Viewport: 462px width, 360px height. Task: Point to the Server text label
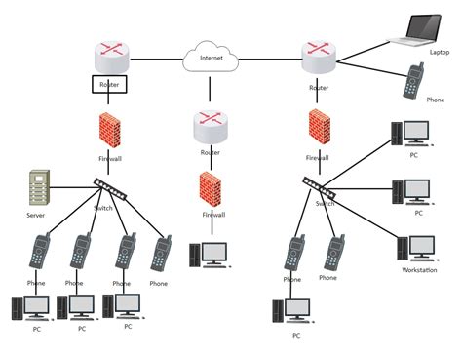(x=36, y=214)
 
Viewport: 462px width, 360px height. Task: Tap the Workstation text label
(x=419, y=270)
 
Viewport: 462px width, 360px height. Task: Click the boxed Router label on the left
(x=109, y=85)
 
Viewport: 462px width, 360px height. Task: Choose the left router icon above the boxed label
(x=110, y=56)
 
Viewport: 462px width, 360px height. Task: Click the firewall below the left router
(x=109, y=129)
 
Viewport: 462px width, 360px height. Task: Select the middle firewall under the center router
(x=210, y=188)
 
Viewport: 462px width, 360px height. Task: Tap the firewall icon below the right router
(x=319, y=127)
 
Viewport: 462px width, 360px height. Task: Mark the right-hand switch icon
(x=319, y=184)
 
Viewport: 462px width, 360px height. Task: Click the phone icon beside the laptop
(x=413, y=80)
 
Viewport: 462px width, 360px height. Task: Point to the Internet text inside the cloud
(x=211, y=59)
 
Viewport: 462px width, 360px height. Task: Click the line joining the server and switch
(x=70, y=186)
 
